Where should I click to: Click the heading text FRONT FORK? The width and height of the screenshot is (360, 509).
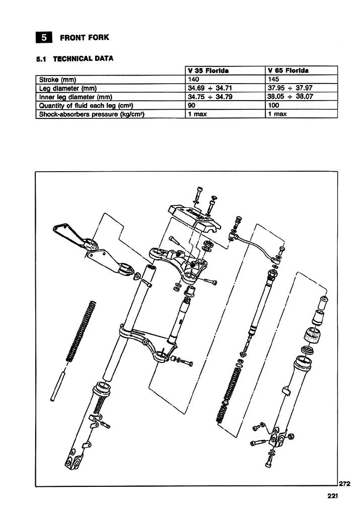(x=84, y=38)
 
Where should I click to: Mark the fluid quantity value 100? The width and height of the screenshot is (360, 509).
(x=275, y=105)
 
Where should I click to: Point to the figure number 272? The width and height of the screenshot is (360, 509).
(x=344, y=484)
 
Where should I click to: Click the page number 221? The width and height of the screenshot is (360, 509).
(x=331, y=496)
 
